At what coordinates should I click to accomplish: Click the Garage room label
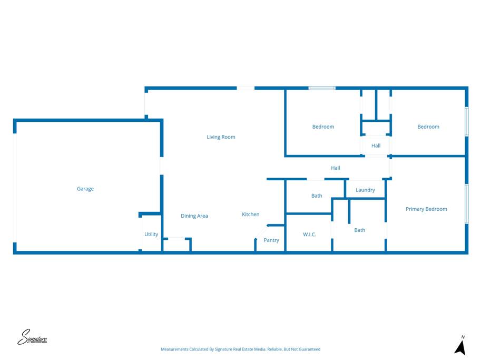(x=85, y=189)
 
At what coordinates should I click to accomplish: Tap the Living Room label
(x=221, y=137)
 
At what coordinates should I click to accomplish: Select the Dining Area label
(x=194, y=216)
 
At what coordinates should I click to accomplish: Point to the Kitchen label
(x=251, y=214)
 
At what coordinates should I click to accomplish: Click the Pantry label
(x=271, y=240)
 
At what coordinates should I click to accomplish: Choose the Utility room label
(x=151, y=234)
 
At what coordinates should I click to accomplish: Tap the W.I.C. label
(x=310, y=235)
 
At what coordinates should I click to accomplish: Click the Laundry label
(x=365, y=190)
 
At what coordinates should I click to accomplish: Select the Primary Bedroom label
(x=426, y=209)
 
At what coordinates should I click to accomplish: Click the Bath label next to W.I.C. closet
(x=317, y=196)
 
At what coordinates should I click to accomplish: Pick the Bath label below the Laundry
(x=359, y=230)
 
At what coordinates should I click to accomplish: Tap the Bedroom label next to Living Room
(x=323, y=127)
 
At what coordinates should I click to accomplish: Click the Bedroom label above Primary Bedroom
(x=428, y=127)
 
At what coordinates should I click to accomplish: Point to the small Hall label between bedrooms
(x=376, y=145)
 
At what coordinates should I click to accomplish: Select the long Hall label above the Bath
(x=335, y=168)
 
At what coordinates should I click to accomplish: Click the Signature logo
(x=32, y=337)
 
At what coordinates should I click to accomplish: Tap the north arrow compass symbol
(x=460, y=346)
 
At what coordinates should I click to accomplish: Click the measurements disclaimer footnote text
(x=240, y=349)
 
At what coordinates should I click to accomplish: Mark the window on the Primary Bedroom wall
(x=467, y=203)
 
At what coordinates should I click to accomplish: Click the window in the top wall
(x=322, y=88)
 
